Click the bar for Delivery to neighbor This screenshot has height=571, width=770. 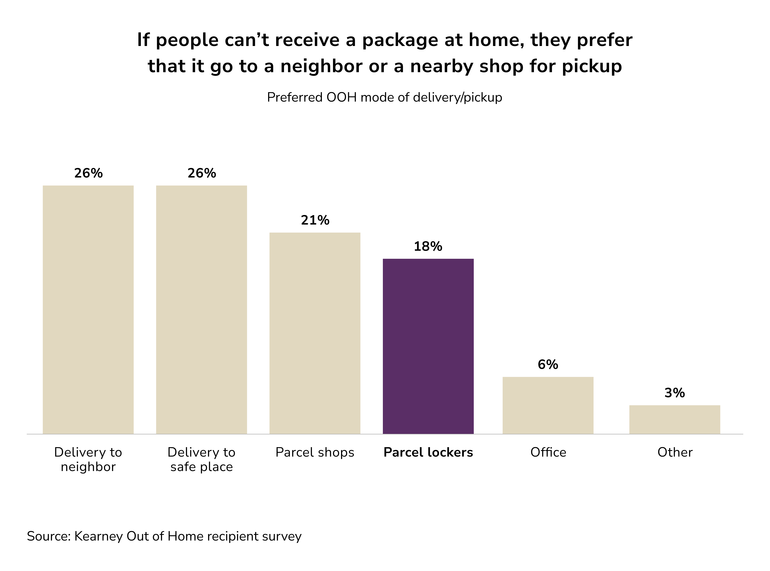pos(88,309)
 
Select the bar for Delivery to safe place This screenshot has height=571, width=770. pos(201,309)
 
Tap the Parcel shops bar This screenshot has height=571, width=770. pos(315,333)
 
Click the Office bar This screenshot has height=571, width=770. pos(548,405)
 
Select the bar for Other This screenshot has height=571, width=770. pos(675,419)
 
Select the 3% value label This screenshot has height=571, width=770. pos(675,393)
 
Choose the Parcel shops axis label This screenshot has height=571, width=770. pos(315,452)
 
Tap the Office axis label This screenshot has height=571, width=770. pos(548,452)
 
